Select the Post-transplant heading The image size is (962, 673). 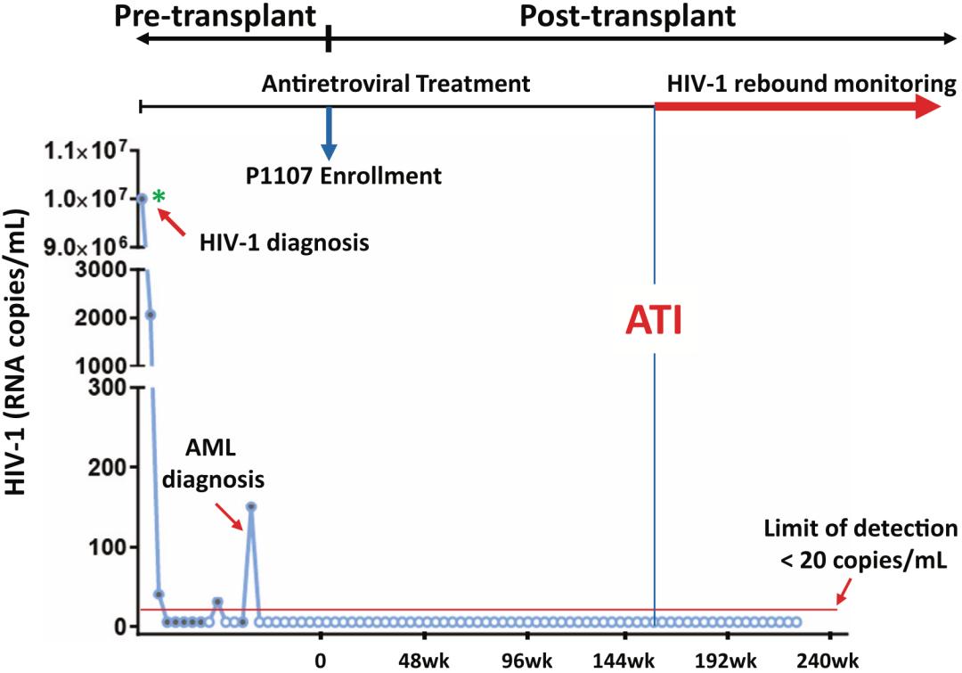tap(628, 15)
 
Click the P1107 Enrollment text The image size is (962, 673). tap(345, 175)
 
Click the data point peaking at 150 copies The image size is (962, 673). tap(251, 506)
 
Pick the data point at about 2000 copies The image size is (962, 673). tap(151, 315)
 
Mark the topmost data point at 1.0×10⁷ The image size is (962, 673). tap(142, 198)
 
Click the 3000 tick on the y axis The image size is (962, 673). tap(109, 269)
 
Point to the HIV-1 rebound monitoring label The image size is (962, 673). tap(811, 85)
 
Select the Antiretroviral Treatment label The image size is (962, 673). tap(395, 85)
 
